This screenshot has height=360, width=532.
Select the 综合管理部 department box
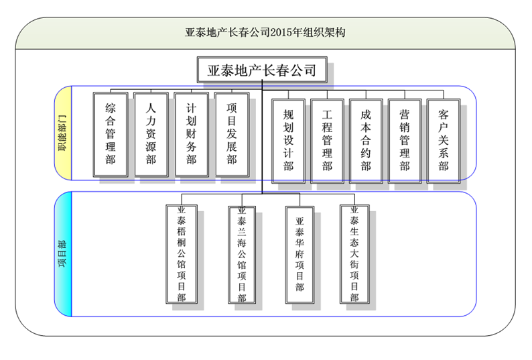(111, 134)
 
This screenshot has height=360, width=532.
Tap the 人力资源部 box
(151, 134)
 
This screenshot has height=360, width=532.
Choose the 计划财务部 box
(192, 134)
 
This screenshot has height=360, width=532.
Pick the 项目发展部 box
(232, 134)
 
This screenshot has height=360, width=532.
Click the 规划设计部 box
(288, 139)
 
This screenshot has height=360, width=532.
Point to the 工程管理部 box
(327, 139)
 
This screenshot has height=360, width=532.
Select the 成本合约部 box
(366, 139)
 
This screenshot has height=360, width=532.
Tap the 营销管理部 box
(405, 139)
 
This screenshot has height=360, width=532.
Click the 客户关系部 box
(444, 139)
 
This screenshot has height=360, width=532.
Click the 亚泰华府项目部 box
(300, 254)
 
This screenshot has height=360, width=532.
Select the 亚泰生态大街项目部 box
(355, 254)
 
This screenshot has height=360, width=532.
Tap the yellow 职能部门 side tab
(63, 133)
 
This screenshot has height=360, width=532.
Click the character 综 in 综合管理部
(111, 107)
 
